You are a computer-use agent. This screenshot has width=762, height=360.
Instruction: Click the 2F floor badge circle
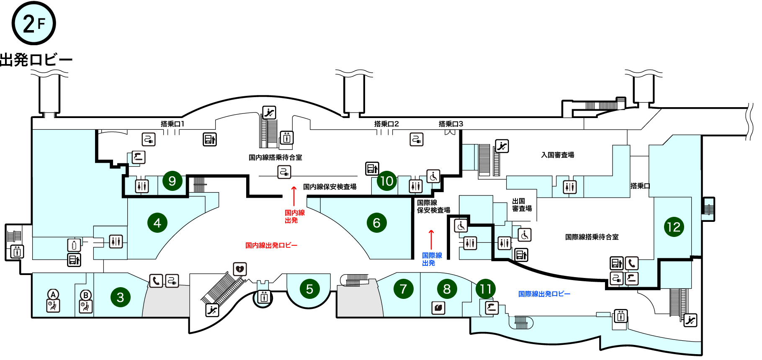coord(33,23)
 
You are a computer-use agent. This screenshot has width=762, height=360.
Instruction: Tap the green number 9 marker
coord(172,181)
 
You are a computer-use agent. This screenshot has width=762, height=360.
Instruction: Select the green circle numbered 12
coord(674,227)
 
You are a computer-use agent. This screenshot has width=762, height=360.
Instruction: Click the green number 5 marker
coord(309,289)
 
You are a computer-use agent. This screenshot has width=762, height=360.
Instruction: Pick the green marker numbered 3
coord(121,297)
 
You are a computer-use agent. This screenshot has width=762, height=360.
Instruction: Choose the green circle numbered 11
coord(486,289)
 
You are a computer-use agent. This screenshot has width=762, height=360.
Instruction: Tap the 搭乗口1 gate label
coord(172,124)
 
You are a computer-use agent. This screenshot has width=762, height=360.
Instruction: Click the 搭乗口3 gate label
coord(451,124)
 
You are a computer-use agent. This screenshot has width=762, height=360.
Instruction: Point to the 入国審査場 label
coord(558,155)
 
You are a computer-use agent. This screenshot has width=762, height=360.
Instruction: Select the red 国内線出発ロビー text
coord(271,245)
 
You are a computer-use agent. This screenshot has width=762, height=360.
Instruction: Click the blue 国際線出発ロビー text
coord(544,294)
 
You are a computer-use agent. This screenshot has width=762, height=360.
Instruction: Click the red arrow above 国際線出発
coord(431,239)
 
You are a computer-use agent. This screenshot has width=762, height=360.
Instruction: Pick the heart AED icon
coord(240,269)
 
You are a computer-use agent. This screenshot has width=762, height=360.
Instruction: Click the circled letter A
coord(53,294)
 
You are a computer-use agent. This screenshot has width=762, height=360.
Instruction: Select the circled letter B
coord(86,295)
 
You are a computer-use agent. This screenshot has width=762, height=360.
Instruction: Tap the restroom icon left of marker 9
coord(142,186)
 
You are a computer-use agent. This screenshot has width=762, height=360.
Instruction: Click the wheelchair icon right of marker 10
coord(433,176)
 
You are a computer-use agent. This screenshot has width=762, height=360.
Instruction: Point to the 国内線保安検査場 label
coord(330,187)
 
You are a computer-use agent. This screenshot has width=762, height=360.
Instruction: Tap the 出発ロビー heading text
coord(36,60)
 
